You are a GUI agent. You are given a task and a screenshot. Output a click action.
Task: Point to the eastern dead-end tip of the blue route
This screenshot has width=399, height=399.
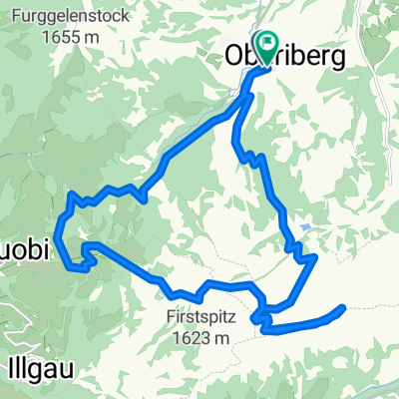coord(343,308)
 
